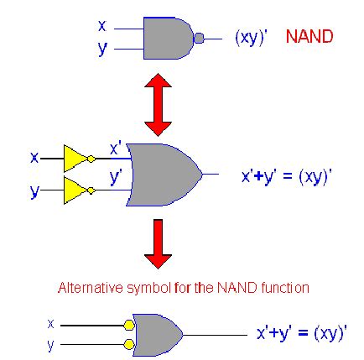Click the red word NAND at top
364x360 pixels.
tap(309, 38)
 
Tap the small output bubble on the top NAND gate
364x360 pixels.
tap(199, 39)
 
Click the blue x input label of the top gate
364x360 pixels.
tap(102, 28)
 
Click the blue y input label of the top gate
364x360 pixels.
tap(102, 49)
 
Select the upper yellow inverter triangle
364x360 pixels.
tap(76, 158)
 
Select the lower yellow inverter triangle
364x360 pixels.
tap(76, 192)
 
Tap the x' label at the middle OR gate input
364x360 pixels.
tap(116, 148)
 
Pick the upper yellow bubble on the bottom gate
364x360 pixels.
tap(128, 324)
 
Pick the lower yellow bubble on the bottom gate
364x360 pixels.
tap(128, 344)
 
